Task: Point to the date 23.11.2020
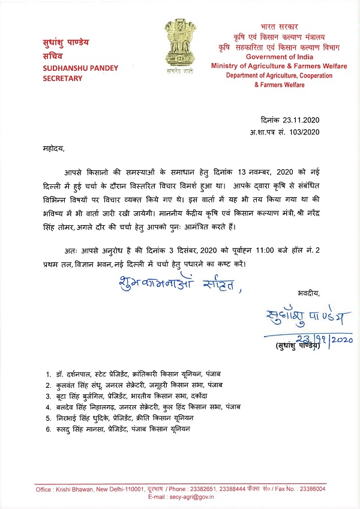(296, 119)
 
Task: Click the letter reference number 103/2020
(305, 131)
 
